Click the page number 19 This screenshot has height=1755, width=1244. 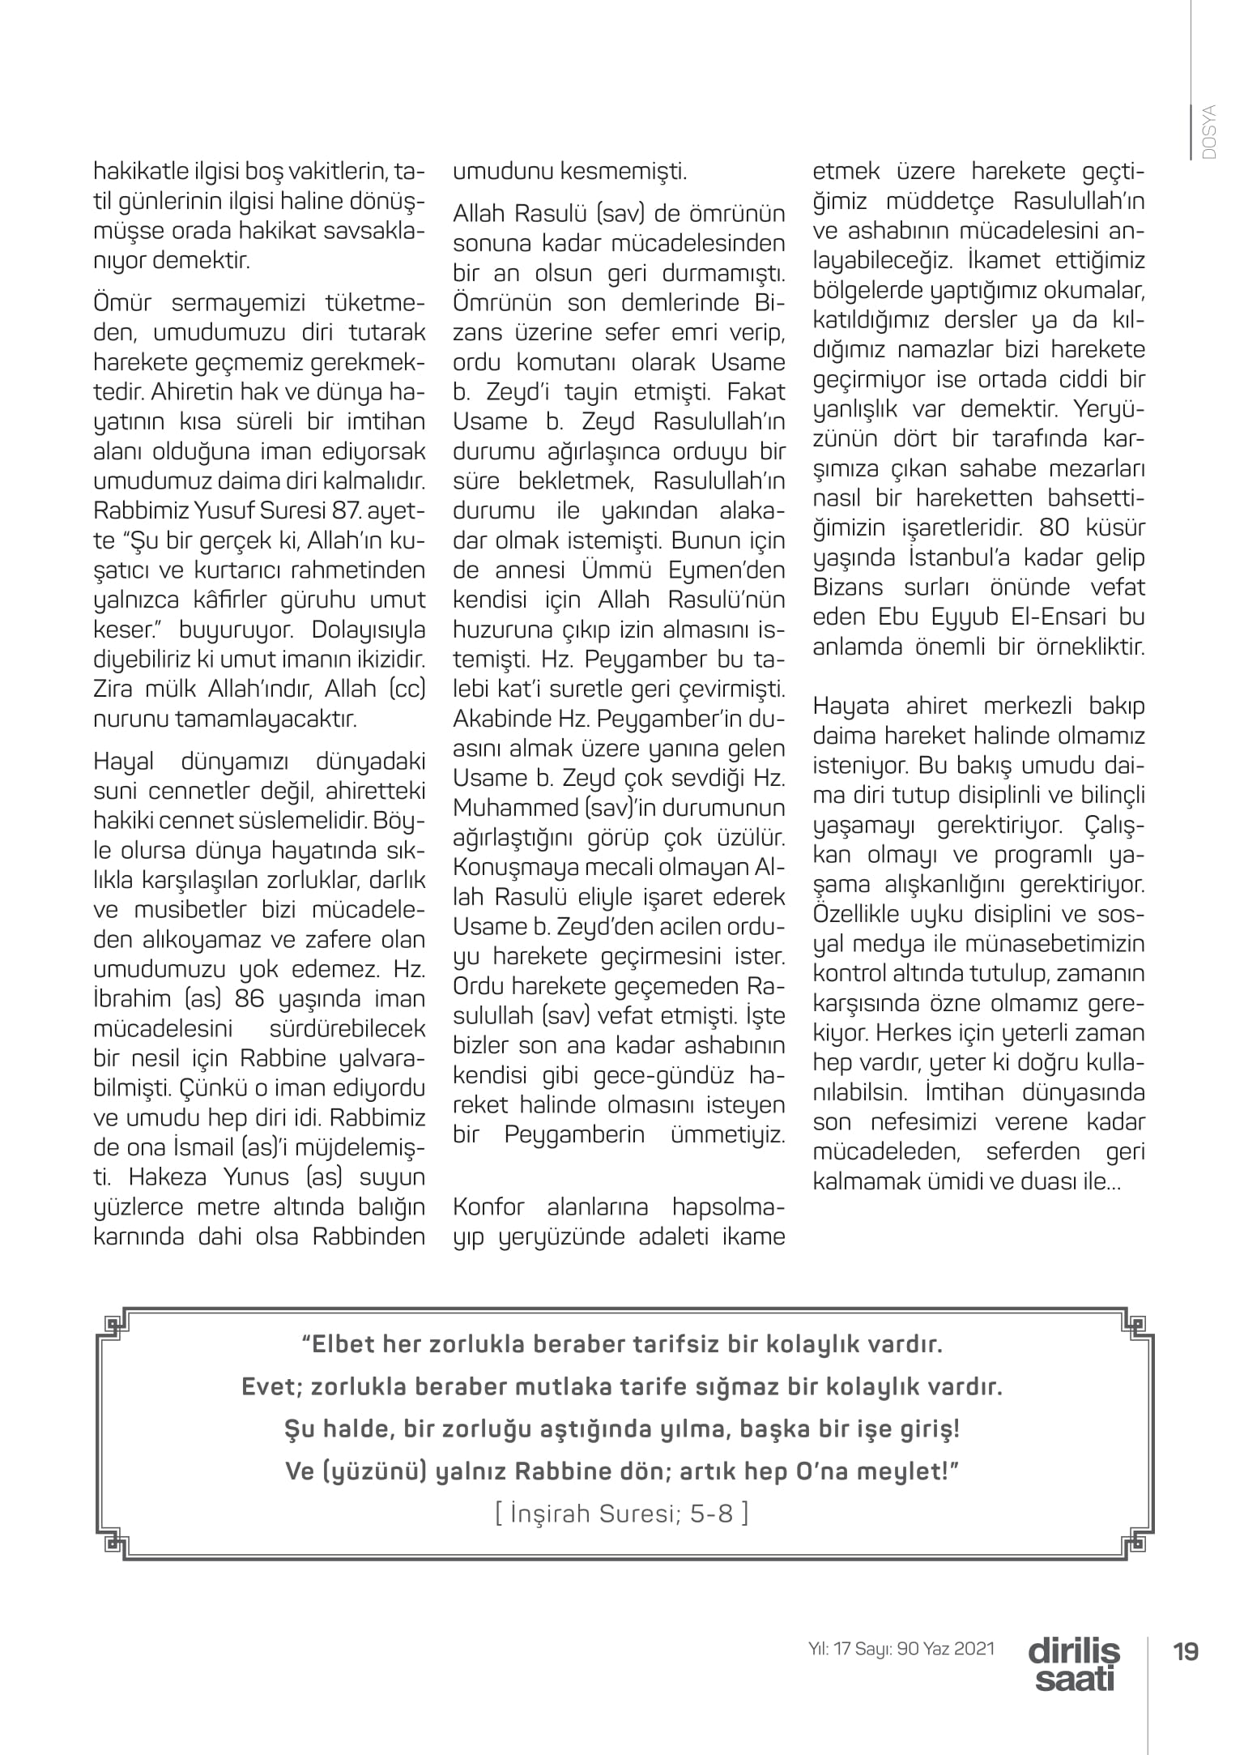(1186, 1650)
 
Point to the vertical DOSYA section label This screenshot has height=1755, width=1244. (1210, 131)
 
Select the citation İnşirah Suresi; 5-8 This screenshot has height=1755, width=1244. (621, 1513)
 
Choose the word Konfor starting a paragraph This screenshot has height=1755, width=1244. (488, 1207)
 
